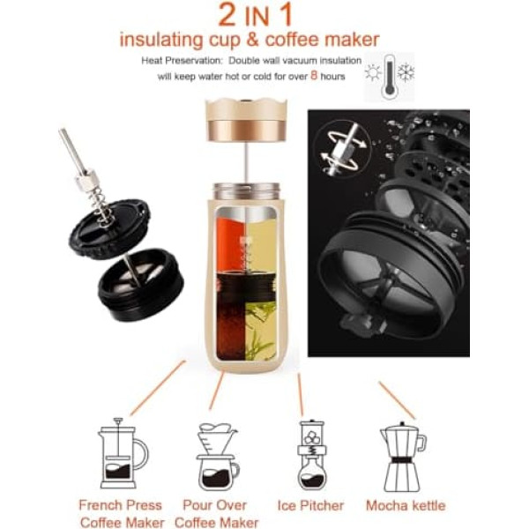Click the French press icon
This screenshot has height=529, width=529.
pyautogui.click(x=123, y=453)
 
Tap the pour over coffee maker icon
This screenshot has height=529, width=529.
pyautogui.click(x=218, y=457)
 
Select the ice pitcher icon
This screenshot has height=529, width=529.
pyautogui.click(x=312, y=455)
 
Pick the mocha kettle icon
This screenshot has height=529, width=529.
pyautogui.click(x=403, y=457)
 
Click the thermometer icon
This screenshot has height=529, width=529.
pyautogui.click(x=390, y=78)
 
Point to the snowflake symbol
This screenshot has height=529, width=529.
pyautogui.click(x=406, y=72)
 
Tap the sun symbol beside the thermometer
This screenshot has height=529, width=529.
pyautogui.click(x=373, y=72)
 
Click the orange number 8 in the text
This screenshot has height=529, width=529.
pyautogui.click(x=314, y=75)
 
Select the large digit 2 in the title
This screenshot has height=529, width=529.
pyautogui.click(x=227, y=14)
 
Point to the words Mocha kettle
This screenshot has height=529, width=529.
pyautogui.click(x=406, y=506)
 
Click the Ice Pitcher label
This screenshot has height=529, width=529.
pyautogui.click(x=310, y=506)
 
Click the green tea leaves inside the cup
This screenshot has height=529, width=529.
pyautogui.click(x=260, y=331)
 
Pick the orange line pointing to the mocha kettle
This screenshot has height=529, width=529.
pyautogui.click(x=397, y=400)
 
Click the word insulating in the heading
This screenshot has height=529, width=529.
pyautogui.click(x=161, y=41)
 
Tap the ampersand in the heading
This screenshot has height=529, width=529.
pyautogui.click(x=252, y=40)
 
